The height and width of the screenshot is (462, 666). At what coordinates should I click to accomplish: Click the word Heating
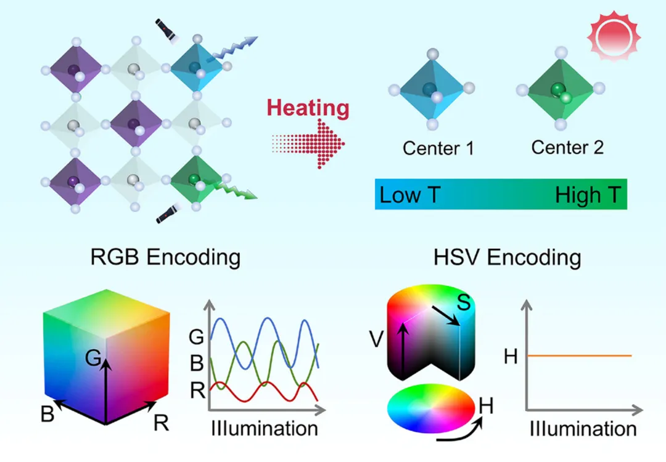pos(308,108)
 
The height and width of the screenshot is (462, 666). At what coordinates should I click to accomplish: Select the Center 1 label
pos(438,148)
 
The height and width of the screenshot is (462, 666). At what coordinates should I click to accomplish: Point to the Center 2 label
pos(567,147)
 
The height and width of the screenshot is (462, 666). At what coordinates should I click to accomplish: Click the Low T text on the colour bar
pos(409,195)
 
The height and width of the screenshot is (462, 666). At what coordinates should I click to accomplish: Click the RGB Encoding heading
pos(165,257)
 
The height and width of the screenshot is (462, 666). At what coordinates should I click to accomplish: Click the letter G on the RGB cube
pos(93,358)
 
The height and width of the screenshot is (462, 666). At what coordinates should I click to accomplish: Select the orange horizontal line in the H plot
pos(580,355)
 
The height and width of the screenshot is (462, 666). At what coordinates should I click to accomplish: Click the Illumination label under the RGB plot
pos(265,428)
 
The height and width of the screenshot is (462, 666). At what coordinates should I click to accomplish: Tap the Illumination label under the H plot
pos(583,428)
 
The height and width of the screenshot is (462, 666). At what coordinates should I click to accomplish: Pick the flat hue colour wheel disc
pos(430,407)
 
